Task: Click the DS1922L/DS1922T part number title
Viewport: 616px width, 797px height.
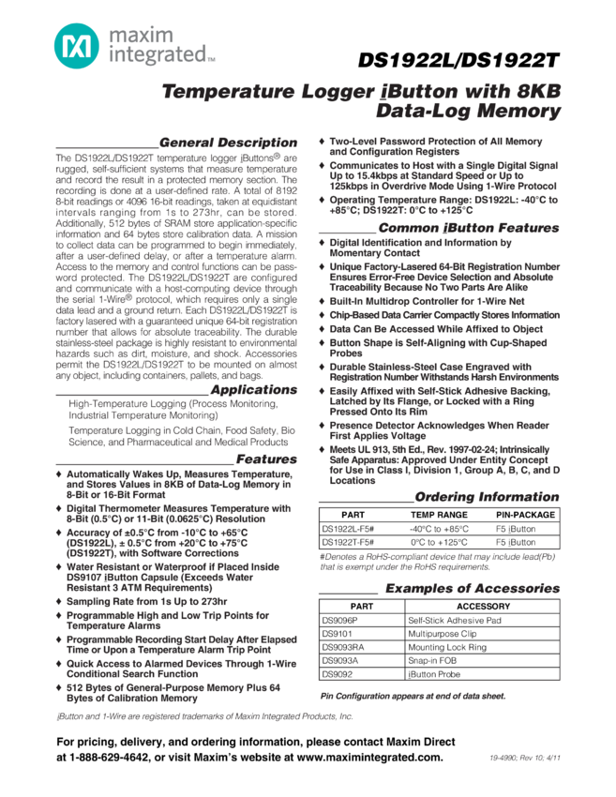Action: (458, 61)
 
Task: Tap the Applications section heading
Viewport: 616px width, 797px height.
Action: (253, 389)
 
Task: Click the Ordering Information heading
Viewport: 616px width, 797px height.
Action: (486, 497)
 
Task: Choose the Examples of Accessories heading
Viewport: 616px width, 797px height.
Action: (472, 589)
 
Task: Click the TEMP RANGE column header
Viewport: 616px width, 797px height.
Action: (439, 515)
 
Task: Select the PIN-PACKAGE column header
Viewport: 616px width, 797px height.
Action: (525, 515)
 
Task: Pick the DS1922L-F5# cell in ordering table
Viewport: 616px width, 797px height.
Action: (349, 529)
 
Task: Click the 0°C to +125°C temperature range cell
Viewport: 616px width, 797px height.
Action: (440, 543)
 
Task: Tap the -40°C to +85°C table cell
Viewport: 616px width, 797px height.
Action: (439, 529)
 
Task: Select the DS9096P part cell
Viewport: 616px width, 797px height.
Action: (340, 620)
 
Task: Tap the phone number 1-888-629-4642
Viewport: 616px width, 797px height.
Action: (112, 758)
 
